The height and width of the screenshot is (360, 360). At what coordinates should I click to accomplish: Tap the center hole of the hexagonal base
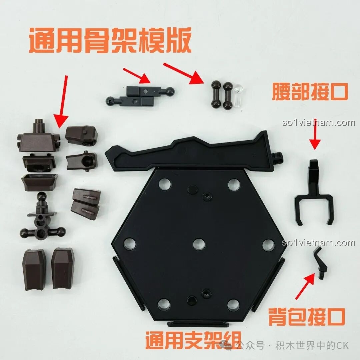click(x=199, y=244)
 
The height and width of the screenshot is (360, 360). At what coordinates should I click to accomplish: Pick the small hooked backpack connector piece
click(x=320, y=263)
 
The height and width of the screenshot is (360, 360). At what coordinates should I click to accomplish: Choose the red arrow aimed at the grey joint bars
click(x=137, y=75)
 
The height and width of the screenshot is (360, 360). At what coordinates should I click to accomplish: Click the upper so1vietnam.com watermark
click(x=318, y=123)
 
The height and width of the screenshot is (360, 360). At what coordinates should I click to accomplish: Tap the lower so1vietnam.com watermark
click(x=318, y=243)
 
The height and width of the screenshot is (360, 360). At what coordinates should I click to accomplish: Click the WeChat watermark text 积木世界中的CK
click(x=312, y=345)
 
